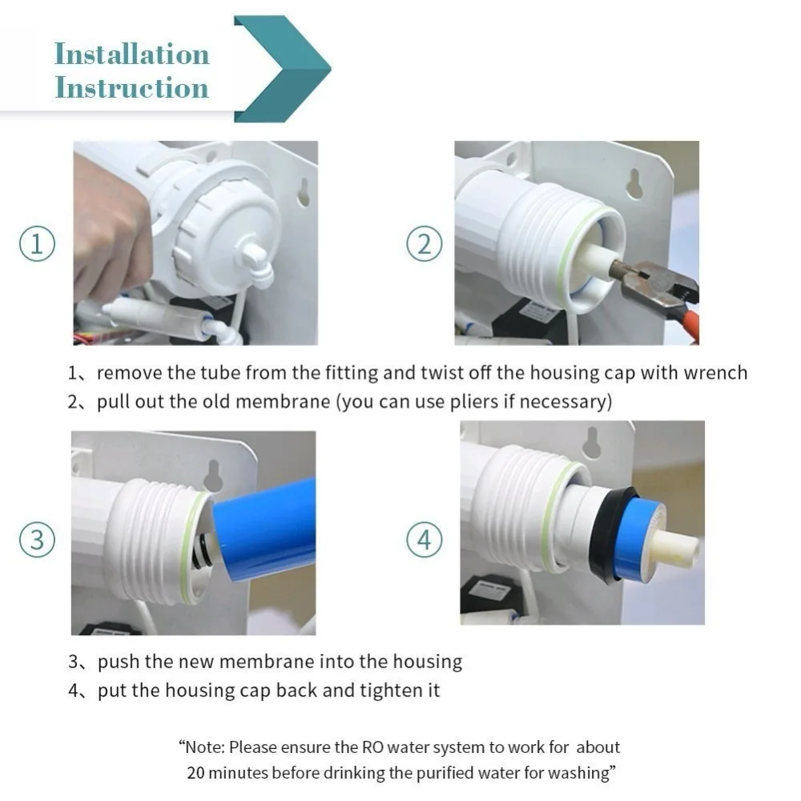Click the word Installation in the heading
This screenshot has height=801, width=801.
point(132,54)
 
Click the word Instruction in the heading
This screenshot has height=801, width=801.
point(132,87)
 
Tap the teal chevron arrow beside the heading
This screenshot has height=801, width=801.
point(283,69)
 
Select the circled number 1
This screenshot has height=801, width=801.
point(38,244)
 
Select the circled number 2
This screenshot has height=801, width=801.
point(425,244)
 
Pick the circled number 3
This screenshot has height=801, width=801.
point(38,540)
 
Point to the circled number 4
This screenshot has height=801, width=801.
point(425,540)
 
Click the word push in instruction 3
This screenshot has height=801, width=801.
point(119,662)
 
